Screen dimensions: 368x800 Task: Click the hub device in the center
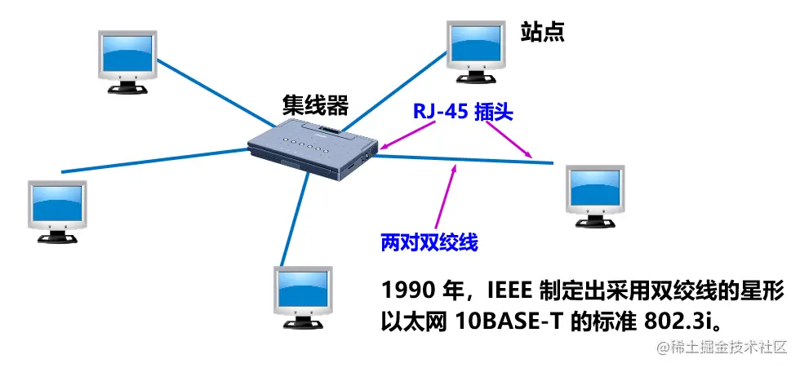[315, 148]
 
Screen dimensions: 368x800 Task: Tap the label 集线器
[315, 105]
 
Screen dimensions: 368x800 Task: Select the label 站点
[543, 32]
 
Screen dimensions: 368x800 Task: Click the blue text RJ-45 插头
[462, 114]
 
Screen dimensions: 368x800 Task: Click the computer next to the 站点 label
[476, 48]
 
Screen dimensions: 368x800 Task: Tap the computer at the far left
[55, 209]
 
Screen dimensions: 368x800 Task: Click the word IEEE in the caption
[509, 290]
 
